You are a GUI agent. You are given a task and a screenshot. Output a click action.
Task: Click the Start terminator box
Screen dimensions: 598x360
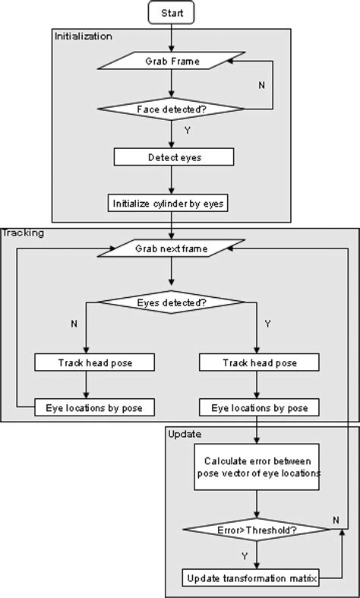point(173,13)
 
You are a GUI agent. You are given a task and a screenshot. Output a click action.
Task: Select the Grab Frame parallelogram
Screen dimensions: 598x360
point(172,61)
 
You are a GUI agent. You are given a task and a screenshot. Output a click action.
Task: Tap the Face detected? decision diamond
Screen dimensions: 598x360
point(172,109)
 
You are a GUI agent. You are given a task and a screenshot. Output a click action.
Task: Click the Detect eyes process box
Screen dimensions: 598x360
point(172,157)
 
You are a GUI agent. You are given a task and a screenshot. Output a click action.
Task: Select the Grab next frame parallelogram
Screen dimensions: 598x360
point(172,248)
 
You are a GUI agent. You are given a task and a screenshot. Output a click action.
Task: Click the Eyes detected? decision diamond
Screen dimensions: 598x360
point(172,302)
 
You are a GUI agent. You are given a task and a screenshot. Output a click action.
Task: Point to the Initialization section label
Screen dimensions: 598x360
point(83,36)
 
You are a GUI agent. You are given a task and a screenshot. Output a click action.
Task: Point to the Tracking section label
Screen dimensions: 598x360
point(24,233)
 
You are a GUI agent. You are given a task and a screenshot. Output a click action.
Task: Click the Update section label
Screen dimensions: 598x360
point(185,435)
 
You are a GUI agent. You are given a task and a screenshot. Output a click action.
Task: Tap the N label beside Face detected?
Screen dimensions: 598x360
point(262,85)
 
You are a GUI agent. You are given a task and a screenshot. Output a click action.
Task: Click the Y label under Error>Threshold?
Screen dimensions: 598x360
point(245,555)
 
